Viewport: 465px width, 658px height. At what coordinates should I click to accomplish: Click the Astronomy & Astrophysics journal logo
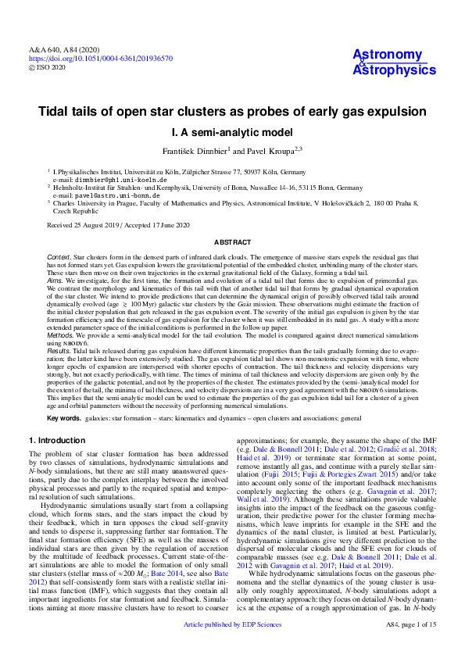(x=388, y=62)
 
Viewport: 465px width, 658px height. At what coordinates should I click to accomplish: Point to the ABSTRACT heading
(x=232, y=242)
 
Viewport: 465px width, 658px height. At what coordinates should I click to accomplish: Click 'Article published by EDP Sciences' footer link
(x=232, y=646)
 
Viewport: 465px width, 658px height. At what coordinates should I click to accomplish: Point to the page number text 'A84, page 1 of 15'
(x=411, y=646)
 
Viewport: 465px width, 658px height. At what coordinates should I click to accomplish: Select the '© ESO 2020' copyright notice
(x=49, y=67)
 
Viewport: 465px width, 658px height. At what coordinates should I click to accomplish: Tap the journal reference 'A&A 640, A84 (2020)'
(x=65, y=48)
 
